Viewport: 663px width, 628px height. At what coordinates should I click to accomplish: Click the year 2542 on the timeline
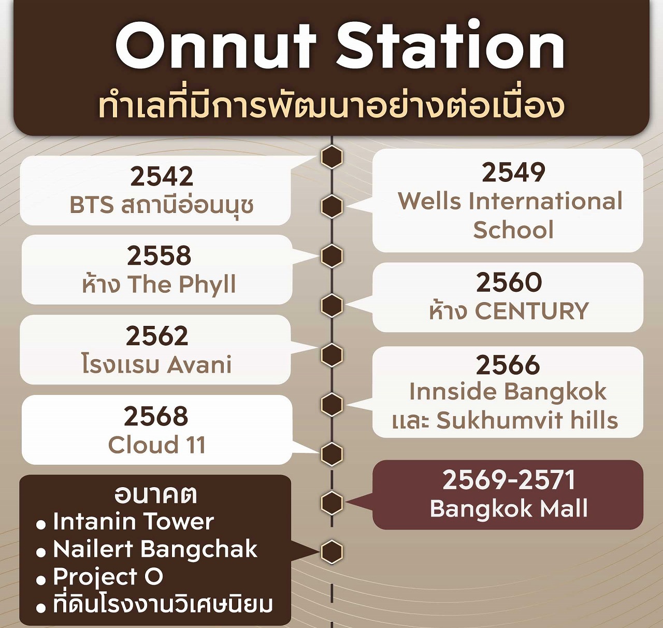(162, 177)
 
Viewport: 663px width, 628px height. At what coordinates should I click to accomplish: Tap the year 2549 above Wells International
(513, 173)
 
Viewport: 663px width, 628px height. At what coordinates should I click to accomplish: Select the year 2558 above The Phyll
(159, 256)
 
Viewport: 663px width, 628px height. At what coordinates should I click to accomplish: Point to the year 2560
(509, 282)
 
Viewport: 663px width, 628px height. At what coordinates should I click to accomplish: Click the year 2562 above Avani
(157, 336)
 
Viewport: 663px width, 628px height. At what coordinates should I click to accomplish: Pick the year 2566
(508, 365)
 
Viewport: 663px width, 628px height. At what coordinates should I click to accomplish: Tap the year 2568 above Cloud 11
(156, 416)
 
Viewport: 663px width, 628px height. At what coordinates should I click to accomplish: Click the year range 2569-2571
(509, 480)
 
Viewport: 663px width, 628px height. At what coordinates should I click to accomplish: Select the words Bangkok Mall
(509, 508)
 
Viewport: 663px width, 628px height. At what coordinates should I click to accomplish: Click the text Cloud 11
(157, 445)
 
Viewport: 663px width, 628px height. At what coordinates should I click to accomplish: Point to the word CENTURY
(532, 311)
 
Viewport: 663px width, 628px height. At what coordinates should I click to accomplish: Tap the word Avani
(199, 365)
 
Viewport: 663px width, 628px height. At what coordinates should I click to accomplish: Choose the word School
(513, 230)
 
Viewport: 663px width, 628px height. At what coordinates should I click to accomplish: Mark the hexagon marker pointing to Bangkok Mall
(332, 503)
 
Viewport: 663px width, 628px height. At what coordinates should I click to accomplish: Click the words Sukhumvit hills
(527, 420)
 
